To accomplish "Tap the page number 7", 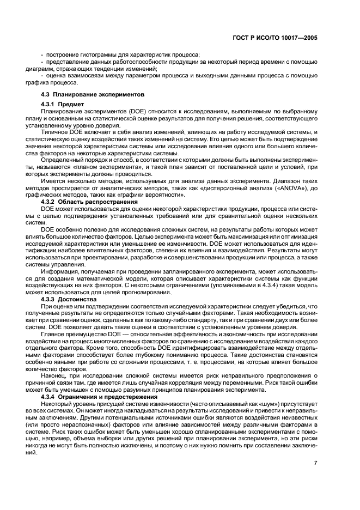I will point(315,463).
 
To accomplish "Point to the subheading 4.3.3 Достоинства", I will point(69,299).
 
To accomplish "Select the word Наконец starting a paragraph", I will point(54,376).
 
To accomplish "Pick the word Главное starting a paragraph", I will point(54,332).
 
